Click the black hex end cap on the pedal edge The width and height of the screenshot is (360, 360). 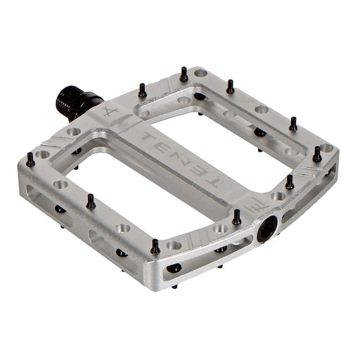click(268, 228)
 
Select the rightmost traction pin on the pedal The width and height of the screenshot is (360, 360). click(317, 154)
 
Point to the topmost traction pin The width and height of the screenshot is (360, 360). click(184, 73)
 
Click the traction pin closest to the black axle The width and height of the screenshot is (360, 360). click(142, 90)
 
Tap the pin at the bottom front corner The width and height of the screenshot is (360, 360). click(155, 247)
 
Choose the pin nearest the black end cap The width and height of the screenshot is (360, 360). click(237, 217)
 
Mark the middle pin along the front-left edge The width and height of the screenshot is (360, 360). click(90, 201)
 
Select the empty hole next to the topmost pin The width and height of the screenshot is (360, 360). click(200, 73)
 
